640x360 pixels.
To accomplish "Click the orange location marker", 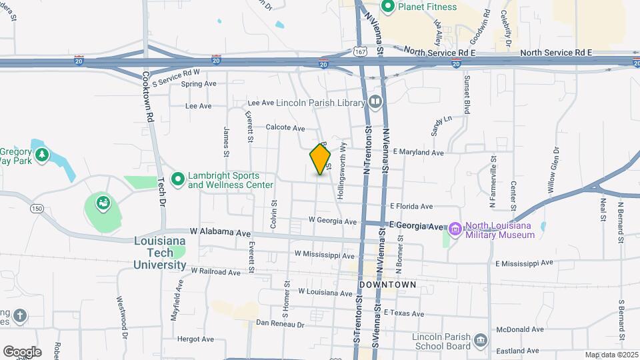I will click(320, 159).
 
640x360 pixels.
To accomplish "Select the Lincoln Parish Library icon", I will click(375, 102).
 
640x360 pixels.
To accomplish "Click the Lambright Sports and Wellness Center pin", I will click(177, 179).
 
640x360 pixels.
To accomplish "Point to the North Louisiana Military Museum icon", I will click(455, 230).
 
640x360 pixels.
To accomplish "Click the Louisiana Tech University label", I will click(160, 253).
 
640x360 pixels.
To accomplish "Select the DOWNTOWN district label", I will click(387, 285).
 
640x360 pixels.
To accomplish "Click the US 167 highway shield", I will click(360, 51).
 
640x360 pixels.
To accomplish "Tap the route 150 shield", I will click(37, 209).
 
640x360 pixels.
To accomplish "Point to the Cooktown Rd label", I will click(150, 97).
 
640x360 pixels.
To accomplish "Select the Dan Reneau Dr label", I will click(280, 324).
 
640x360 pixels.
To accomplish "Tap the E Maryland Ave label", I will click(418, 153).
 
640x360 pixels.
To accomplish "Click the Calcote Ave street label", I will click(285, 128).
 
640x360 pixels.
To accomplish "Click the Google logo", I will click(22, 351).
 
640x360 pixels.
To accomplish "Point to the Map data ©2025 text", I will click(611, 355).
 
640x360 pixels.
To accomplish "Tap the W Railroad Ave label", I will click(215, 272).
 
